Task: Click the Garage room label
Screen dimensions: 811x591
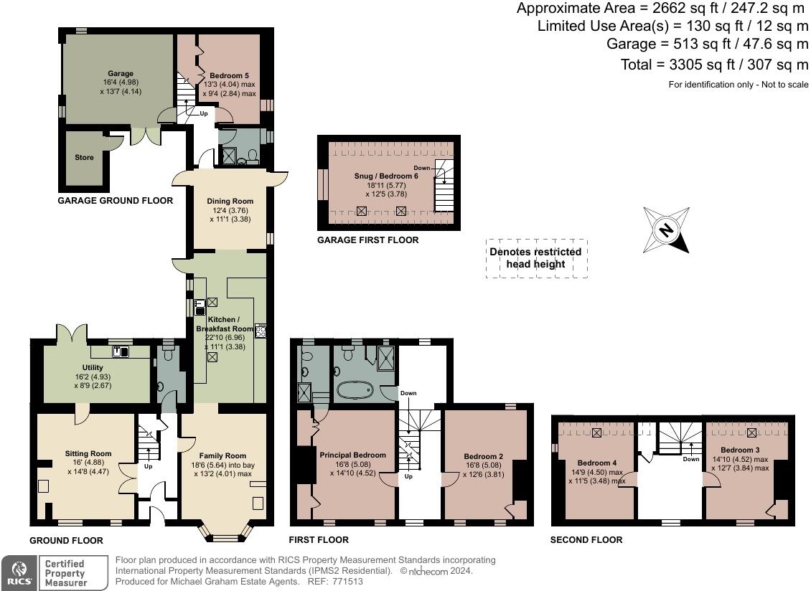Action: [x=121, y=73]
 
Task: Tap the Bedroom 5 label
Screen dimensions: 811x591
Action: [x=229, y=75]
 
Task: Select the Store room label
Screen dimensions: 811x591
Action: [x=84, y=157]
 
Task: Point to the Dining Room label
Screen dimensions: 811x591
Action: [x=230, y=201]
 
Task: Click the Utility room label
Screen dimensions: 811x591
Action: [x=93, y=368]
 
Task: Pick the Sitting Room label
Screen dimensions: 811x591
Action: [x=88, y=453]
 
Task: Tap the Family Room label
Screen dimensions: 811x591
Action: [x=222, y=455]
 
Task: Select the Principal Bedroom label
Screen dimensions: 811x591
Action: [x=352, y=455]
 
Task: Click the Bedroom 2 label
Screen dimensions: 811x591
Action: [x=484, y=456]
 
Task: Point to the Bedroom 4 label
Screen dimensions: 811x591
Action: [x=597, y=463]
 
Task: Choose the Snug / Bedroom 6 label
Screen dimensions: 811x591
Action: [x=386, y=176]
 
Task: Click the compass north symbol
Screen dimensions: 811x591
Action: [x=666, y=230]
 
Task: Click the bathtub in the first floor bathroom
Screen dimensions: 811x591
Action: [x=355, y=389]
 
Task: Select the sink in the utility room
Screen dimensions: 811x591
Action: [x=121, y=351]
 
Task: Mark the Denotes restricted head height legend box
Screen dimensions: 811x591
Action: [x=536, y=258]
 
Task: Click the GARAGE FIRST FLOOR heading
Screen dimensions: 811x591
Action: [x=367, y=240]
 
